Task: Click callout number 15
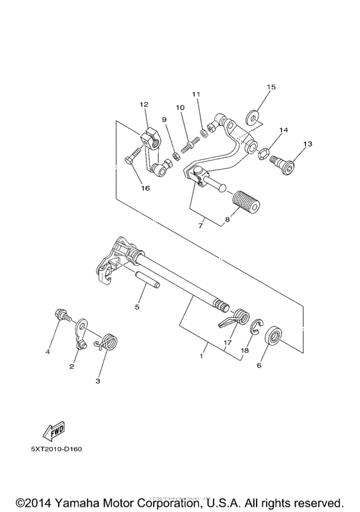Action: tap(271, 87)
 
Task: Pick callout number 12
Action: tap(143, 104)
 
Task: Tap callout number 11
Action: tap(196, 94)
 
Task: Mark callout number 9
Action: tap(165, 119)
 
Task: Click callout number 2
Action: tap(72, 366)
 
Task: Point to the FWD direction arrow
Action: tap(53, 428)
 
